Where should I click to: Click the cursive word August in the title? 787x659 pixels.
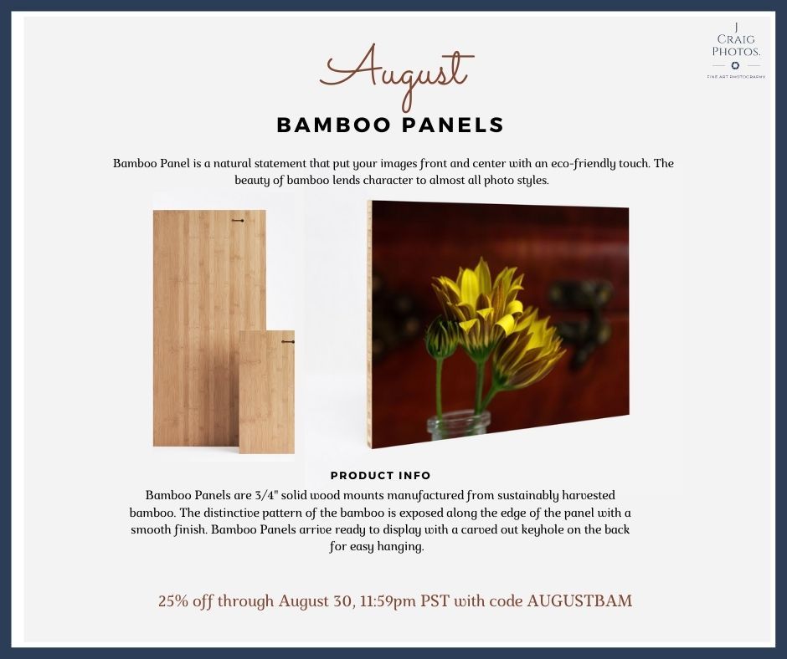[x=397, y=75]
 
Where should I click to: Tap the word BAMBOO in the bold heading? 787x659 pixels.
[x=333, y=125]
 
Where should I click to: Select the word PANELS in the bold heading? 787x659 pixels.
[x=453, y=125]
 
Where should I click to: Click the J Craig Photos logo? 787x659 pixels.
[x=736, y=51]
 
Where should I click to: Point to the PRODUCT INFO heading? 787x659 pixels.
[x=380, y=476]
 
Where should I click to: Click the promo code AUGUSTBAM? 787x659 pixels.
[x=579, y=600]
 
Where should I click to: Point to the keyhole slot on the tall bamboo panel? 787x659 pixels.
[x=238, y=221]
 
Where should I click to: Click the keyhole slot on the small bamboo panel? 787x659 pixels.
[x=288, y=342]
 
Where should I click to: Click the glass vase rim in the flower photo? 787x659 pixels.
[x=458, y=417]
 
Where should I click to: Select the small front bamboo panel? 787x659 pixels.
[x=266, y=391]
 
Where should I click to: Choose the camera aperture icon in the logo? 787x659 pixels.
[x=735, y=65]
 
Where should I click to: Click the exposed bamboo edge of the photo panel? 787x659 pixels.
[x=369, y=324]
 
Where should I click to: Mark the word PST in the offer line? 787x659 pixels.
[x=435, y=600]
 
